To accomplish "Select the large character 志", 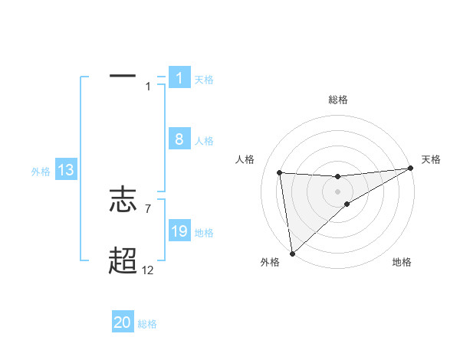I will click(x=123, y=201).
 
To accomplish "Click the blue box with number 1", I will click(x=179, y=77).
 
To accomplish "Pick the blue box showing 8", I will click(x=179, y=139).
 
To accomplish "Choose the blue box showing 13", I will click(x=65, y=170).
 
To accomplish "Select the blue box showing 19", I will click(x=179, y=231).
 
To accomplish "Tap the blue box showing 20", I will click(x=123, y=322).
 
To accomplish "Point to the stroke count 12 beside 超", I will click(x=147, y=270).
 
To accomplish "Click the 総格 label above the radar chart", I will click(x=338, y=100).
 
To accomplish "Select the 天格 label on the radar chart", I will click(x=432, y=159).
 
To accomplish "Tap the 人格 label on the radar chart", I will click(x=245, y=159).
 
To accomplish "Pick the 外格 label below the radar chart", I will click(x=269, y=263).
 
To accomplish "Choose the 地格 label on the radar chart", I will click(x=402, y=263).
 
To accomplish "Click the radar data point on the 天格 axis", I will click(x=411, y=169).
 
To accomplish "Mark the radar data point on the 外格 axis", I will click(x=292, y=254).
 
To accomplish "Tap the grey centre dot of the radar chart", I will click(x=338, y=191).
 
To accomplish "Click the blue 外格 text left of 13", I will click(x=41, y=172).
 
